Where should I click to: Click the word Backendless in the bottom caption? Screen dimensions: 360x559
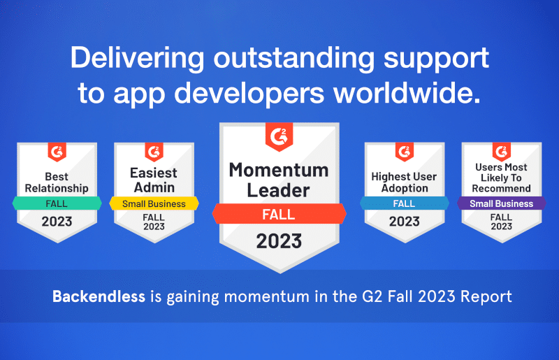click(98, 296)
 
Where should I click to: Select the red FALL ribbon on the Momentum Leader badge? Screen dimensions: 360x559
click(279, 214)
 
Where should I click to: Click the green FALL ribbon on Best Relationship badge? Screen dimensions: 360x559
click(57, 203)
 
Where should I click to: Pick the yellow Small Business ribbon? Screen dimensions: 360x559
click(154, 203)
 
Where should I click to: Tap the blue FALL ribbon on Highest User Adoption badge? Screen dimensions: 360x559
click(404, 203)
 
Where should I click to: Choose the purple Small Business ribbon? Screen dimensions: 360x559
click(501, 203)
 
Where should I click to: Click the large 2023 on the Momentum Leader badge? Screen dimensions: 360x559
click(279, 241)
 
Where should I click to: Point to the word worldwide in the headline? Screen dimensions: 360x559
click(415, 94)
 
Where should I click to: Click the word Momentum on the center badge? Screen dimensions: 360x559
click(279, 170)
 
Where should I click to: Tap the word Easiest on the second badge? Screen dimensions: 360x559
click(154, 173)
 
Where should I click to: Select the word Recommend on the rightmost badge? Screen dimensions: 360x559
click(502, 188)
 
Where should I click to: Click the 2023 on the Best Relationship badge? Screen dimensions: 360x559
click(57, 222)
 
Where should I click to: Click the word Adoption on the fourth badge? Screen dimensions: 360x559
click(404, 188)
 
